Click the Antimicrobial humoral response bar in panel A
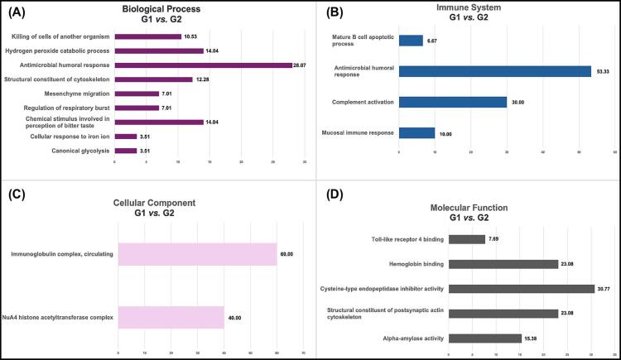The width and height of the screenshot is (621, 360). pos(203,65)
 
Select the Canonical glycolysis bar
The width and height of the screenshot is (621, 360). pos(125,151)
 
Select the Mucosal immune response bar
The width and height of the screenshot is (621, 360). pos(416,132)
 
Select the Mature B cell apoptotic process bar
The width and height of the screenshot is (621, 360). pos(411,41)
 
